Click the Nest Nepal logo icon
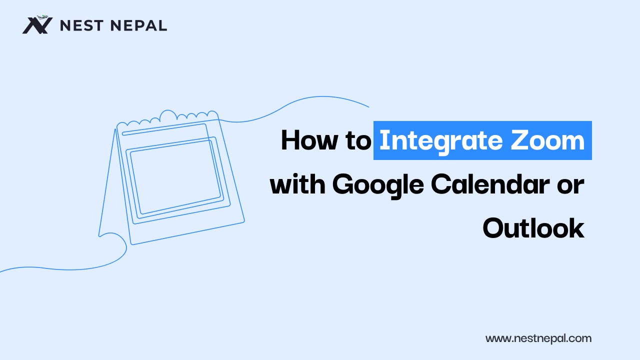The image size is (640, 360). (x=37, y=24)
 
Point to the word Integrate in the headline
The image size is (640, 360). (x=439, y=141)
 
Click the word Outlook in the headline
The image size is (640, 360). (x=533, y=228)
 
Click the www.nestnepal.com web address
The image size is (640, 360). (x=538, y=338)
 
